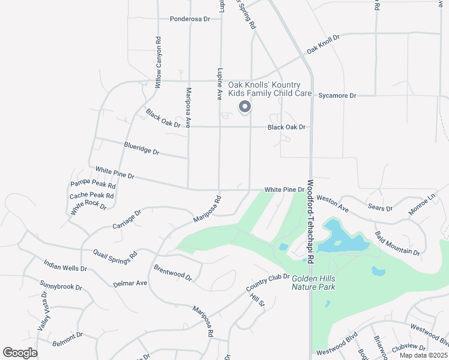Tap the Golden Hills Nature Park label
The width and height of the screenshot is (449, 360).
click(x=313, y=283)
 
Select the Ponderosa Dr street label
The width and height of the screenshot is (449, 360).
click(x=190, y=19)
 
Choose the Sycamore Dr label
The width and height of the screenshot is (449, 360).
click(x=337, y=95)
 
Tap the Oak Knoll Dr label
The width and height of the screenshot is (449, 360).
click(x=323, y=42)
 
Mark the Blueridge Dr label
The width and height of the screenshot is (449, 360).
click(x=142, y=148)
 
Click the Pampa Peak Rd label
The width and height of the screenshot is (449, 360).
click(x=92, y=184)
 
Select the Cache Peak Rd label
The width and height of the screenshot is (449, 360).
click(x=91, y=195)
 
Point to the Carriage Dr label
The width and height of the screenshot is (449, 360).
click(x=126, y=219)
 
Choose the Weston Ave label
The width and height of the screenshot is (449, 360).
click(x=333, y=203)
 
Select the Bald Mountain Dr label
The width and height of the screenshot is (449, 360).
click(x=397, y=242)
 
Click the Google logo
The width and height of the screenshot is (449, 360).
click(x=20, y=353)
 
